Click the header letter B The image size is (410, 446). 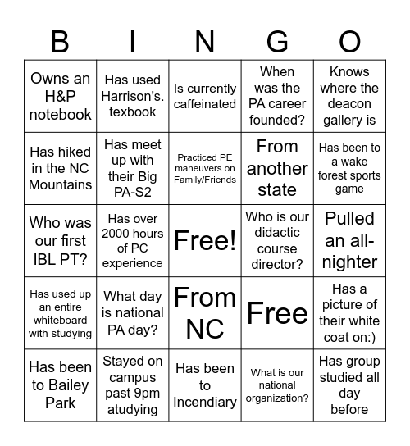[x=60, y=41]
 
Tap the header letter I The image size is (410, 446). [x=133, y=41]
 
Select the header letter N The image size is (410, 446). [x=205, y=41]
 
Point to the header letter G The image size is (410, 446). [x=277, y=41]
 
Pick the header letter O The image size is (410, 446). [x=349, y=41]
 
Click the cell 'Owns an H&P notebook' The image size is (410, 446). [x=61, y=96]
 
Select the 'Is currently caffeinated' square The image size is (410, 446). [x=205, y=96]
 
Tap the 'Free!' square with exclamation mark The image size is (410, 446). [x=205, y=240]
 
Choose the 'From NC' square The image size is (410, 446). [x=205, y=312]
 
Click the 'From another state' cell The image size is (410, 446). [x=277, y=168]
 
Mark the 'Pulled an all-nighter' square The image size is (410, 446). [x=349, y=240]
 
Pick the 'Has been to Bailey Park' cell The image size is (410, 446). [x=61, y=385]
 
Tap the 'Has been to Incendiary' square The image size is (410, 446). [x=205, y=385]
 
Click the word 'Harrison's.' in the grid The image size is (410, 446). [x=133, y=96]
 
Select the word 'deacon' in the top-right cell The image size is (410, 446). [x=349, y=104]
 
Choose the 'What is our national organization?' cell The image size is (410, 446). [x=277, y=385]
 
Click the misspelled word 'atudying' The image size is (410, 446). [x=133, y=409]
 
